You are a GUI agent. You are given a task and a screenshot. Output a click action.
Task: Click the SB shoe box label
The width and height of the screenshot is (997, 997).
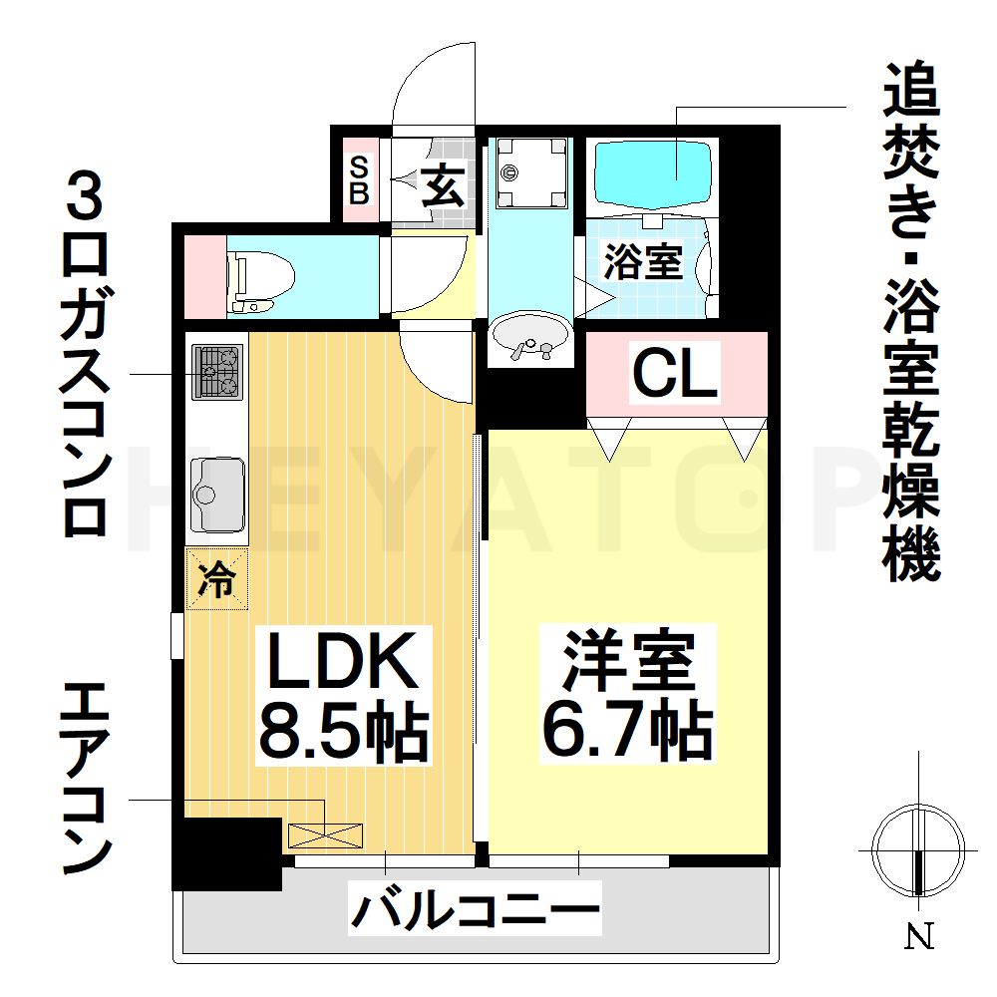point(359,180)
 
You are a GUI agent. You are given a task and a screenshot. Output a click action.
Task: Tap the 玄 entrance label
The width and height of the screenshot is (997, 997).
point(444,183)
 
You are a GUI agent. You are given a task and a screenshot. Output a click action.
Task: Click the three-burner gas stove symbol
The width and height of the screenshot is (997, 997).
point(217,372)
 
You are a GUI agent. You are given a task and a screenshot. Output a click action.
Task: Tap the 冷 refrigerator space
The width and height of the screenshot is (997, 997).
point(216,578)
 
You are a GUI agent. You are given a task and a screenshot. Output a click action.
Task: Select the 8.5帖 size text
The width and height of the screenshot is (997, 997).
point(343,730)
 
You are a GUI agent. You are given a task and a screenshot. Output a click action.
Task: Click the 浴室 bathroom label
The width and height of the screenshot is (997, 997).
point(643,261)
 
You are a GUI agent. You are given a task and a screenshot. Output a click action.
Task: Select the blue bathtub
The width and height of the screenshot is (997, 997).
point(653,174)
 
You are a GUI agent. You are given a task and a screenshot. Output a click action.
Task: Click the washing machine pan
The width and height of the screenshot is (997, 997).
point(531,172)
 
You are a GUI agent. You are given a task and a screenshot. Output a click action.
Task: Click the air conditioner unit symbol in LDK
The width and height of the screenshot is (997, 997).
point(326,835)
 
